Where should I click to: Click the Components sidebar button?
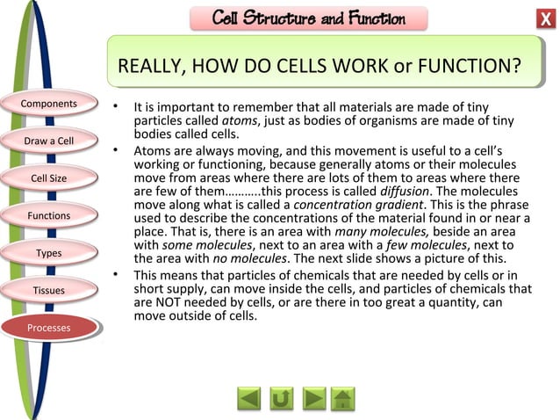50,105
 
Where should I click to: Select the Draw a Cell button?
49,141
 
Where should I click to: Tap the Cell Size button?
49,178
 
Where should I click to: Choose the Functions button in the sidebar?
49,215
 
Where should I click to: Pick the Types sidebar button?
49,253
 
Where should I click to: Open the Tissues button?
49,290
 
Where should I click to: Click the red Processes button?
49,328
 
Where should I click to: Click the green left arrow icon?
248,398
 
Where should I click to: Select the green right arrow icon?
313,398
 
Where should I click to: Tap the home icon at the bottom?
344,398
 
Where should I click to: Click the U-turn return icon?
281,398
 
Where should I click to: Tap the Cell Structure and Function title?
309,18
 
